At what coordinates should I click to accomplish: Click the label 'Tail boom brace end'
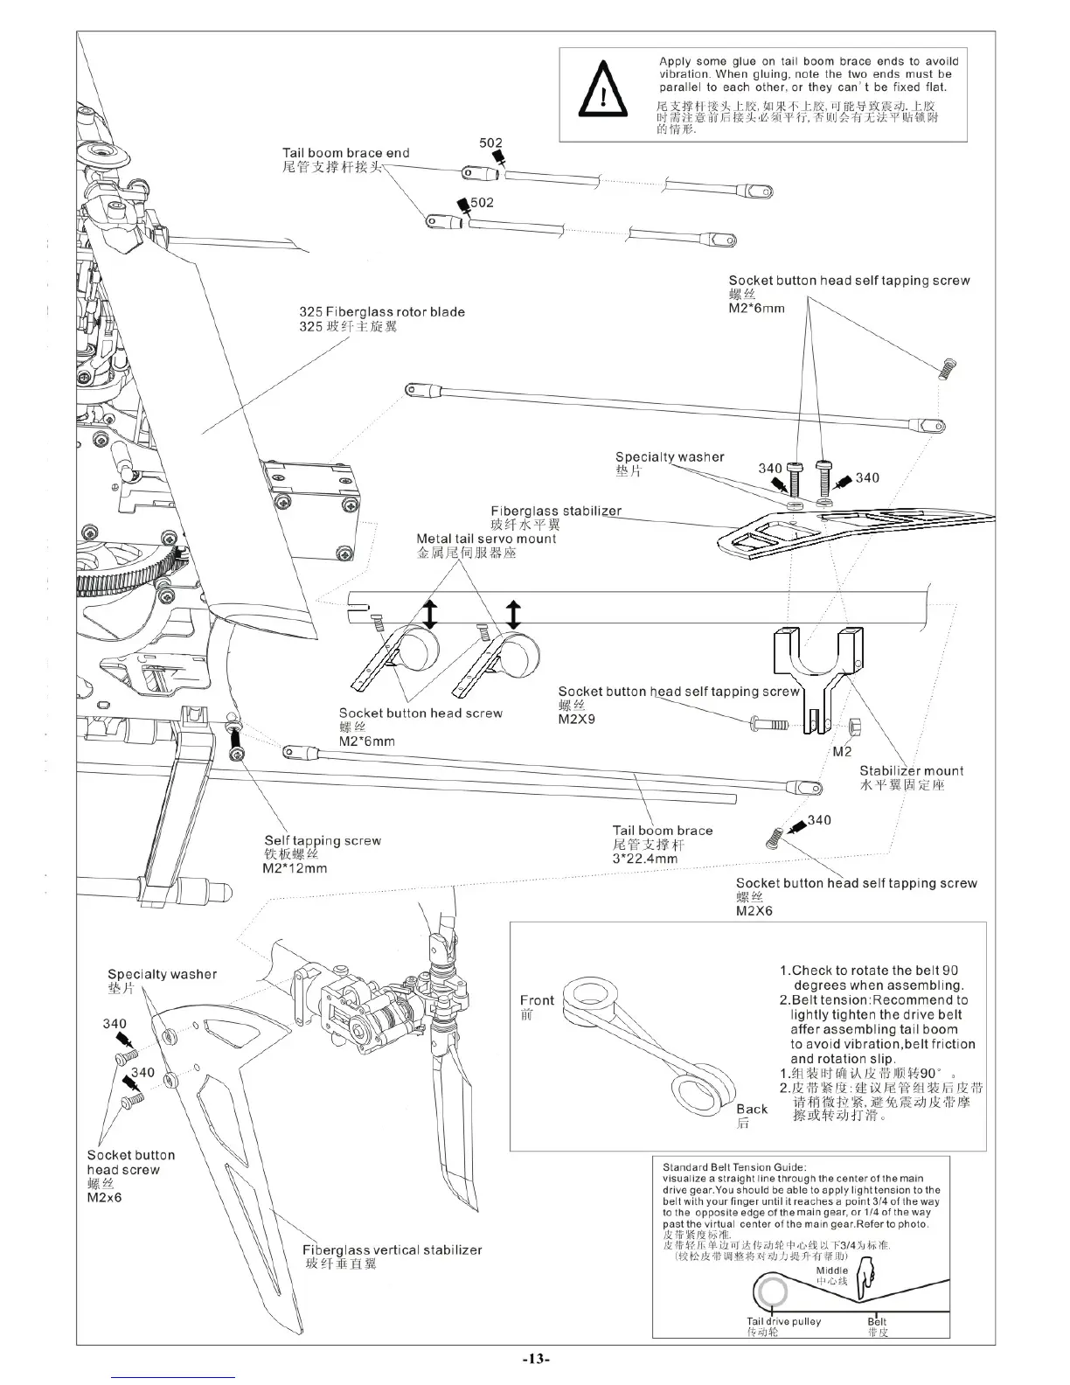point(345,153)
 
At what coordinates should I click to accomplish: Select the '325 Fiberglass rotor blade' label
point(382,312)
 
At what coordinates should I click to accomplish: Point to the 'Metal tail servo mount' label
point(486,539)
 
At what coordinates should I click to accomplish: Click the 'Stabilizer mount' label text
point(911,771)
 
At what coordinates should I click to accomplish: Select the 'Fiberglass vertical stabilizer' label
point(393,1250)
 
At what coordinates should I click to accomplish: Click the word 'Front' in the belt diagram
point(537,1000)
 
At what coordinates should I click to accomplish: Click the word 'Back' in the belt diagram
point(752,1109)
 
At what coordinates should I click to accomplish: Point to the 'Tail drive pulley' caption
point(783,1321)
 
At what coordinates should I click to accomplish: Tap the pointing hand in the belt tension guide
point(865,1280)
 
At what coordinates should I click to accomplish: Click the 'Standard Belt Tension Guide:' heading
point(734,1167)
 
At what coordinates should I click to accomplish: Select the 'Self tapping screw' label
point(323,841)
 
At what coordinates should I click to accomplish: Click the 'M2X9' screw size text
point(574,720)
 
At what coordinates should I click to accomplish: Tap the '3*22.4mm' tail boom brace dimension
point(645,859)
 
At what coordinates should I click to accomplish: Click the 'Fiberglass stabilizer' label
point(556,512)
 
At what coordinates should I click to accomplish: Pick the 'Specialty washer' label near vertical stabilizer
point(162,974)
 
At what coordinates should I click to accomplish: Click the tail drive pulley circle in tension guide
point(772,1292)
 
